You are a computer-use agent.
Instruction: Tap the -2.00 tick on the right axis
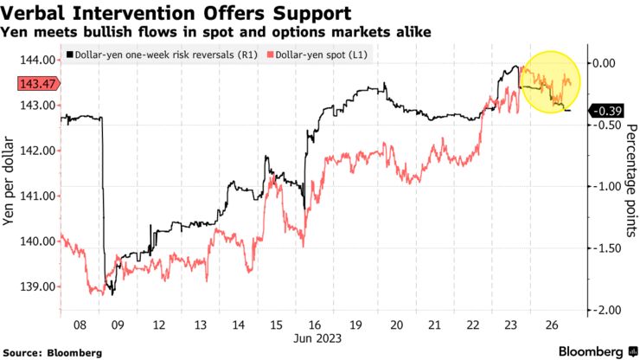[604, 310]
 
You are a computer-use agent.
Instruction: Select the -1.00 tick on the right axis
[604, 186]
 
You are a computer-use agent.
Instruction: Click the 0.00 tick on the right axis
[604, 63]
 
